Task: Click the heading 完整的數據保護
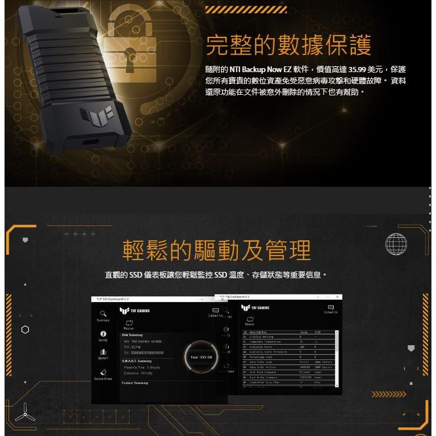coord(288,45)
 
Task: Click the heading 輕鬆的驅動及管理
coord(217,250)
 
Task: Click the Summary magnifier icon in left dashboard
coord(103,313)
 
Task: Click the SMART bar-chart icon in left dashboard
coord(103,353)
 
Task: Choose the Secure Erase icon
coord(103,372)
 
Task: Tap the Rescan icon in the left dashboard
coord(128,322)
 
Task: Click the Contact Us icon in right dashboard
coord(330,307)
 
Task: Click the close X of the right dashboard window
coord(337,297)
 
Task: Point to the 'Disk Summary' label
coord(133,335)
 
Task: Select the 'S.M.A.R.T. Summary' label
coord(137,361)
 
